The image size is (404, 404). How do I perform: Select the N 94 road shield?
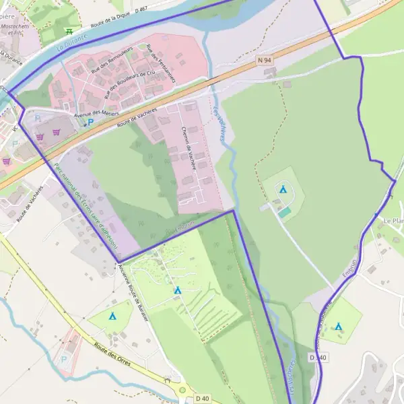click(x=265, y=60)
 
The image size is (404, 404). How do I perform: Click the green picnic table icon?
click(x=68, y=32)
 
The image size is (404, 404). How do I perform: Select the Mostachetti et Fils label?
click(x=15, y=28)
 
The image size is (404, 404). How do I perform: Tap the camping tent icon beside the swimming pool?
click(x=283, y=189)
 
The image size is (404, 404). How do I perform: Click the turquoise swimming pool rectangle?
click(x=285, y=212)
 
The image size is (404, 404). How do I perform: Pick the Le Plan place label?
click(x=393, y=221)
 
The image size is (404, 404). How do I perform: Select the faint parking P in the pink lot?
click(x=64, y=359)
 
